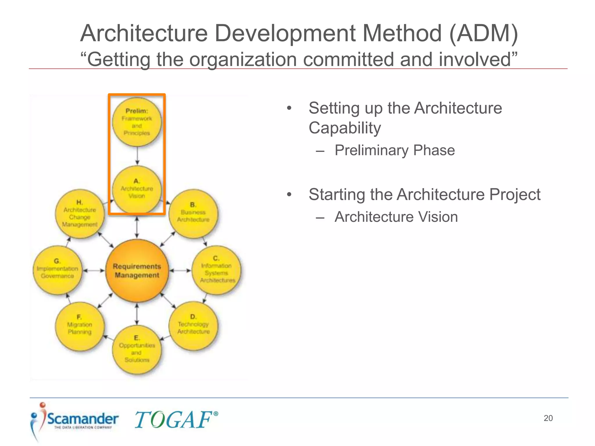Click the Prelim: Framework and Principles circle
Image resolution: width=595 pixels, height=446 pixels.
coord(137,122)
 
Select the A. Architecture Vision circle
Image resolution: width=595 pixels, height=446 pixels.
coord(137,189)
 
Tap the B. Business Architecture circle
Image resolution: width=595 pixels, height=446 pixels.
coord(193,213)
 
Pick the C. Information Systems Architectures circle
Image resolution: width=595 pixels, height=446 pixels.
coord(216,270)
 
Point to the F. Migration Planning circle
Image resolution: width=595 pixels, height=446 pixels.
coord(80,326)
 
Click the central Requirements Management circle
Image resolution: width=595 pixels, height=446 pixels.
coord(137,271)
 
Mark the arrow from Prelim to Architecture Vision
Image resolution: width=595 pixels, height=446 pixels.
coord(137,156)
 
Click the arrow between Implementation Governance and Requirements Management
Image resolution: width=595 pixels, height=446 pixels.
coord(94,271)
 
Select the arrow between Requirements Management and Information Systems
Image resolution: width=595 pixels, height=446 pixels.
coord(180,271)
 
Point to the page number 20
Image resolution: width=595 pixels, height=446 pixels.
coord(548,418)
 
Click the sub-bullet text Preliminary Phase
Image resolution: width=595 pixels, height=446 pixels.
coord(395,150)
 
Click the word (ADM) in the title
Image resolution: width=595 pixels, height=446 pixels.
coord(483,33)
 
